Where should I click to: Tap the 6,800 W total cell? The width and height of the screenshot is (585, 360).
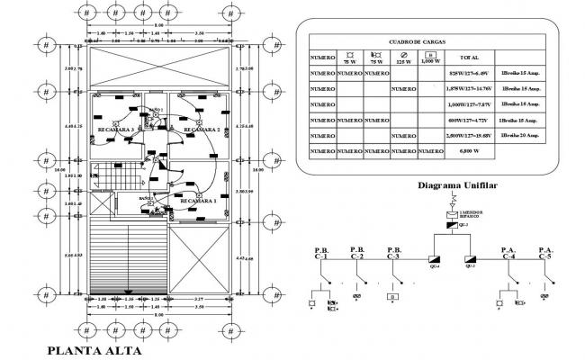[468, 152]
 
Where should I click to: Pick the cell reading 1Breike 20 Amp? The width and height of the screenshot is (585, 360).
[519, 135]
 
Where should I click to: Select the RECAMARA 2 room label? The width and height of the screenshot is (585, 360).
[202, 130]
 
